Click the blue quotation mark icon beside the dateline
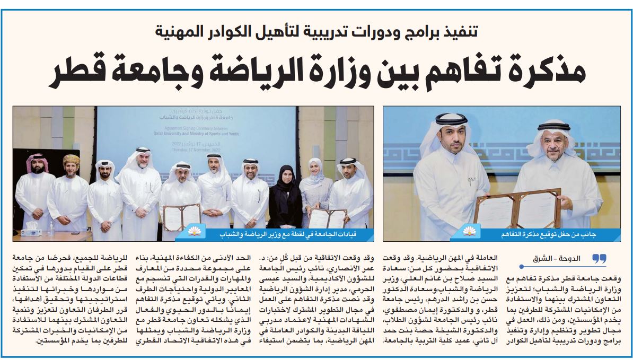(x=599, y=258)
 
